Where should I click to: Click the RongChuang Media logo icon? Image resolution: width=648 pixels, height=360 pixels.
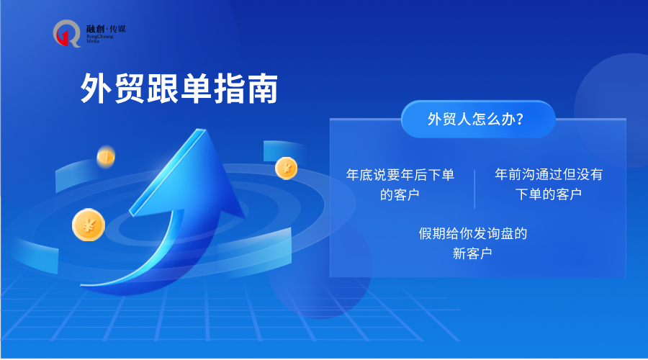click(x=67, y=33)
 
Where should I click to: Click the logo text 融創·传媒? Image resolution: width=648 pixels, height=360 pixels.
click(x=106, y=29)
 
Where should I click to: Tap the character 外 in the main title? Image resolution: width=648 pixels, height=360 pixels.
click(x=96, y=89)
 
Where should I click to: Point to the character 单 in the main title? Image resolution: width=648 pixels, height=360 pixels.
click(x=196, y=89)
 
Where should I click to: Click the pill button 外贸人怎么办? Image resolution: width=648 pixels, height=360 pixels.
click(x=478, y=119)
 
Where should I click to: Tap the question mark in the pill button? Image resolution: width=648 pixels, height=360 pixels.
click(x=519, y=120)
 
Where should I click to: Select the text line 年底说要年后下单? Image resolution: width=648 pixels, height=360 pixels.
click(x=400, y=175)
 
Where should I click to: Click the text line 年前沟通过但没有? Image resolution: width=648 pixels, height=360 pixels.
click(x=549, y=174)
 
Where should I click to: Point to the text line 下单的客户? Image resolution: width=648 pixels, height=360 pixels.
click(x=549, y=194)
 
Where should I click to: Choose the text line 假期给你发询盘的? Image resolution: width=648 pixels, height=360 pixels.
click(x=473, y=233)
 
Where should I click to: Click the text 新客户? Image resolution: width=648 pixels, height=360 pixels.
click(x=472, y=253)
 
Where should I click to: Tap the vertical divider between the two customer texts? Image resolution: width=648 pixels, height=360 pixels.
click(x=474, y=189)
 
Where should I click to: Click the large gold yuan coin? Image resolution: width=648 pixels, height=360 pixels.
click(x=89, y=225)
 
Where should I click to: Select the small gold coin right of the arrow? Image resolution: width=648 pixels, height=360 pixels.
click(x=286, y=168)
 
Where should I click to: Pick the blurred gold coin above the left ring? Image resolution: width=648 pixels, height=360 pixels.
click(x=106, y=157)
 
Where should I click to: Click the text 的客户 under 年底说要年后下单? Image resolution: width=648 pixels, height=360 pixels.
click(x=400, y=194)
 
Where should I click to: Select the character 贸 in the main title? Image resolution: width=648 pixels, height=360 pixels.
click(x=130, y=89)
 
